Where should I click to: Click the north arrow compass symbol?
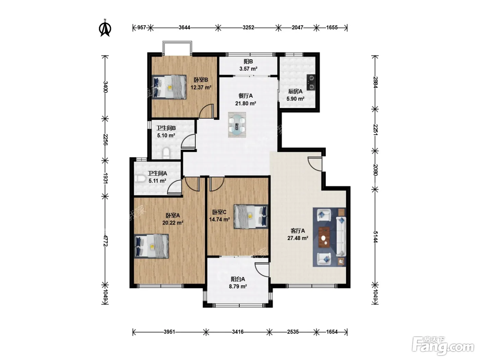pyautogui.click(x=105, y=28)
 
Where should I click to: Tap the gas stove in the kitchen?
pyautogui.click(x=311, y=82)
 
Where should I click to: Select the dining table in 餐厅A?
pyautogui.click(x=237, y=125)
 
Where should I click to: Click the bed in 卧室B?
pyautogui.click(x=169, y=87)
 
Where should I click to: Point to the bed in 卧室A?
pyautogui.click(x=151, y=246)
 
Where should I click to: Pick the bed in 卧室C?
pyautogui.click(x=251, y=217)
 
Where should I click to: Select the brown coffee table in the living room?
pyautogui.click(x=324, y=237)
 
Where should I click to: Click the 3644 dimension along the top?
pyautogui.click(x=184, y=27)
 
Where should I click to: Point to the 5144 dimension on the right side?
pyautogui.click(x=375, y=237)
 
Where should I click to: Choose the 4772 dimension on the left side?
pyautogui.click(x=105, y=241)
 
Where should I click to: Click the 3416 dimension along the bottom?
pyautogui.click(x=238, y=332)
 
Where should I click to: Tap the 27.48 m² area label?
pyautogui.click(x=298, y=238)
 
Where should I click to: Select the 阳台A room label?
pyautogui.click(x=238, y=279)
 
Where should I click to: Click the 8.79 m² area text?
pyautogui.click(x=238, y=286)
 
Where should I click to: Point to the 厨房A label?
pyautogui.click(x=295, y=92)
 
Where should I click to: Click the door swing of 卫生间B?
pyautogui.click(x=188, y=141)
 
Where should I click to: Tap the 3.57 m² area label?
pyautogui.click(x=248, y=69)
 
